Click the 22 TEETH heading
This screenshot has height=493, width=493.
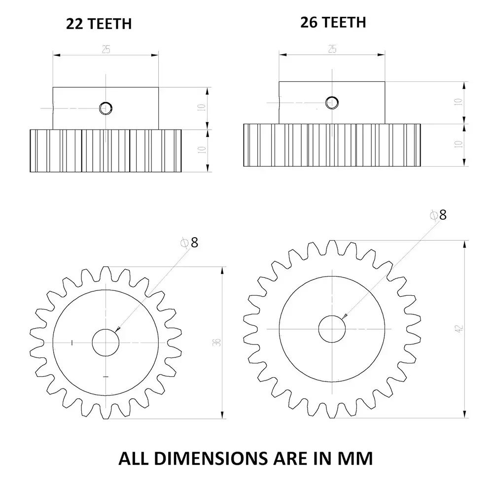tap(99, 24)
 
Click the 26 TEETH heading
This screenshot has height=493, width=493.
tap(333, 22)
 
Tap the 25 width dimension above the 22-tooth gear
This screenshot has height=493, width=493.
tap(106, 49)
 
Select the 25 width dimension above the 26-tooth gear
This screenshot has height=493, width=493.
tap(332, 48)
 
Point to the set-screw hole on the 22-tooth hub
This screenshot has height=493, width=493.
tap(106, 107)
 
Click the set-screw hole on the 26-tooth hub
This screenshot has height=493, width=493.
tap(332, 102)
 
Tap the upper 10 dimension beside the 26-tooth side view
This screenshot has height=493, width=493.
tap(458, 103)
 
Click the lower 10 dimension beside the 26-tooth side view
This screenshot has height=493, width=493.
tap(458, 144)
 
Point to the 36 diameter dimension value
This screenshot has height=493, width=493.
tap(216, 342)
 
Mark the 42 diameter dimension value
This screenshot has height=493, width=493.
tap(459, 328)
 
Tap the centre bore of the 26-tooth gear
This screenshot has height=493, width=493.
tap(332, 328)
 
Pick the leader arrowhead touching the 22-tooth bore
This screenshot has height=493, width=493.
tap(117, 330)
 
